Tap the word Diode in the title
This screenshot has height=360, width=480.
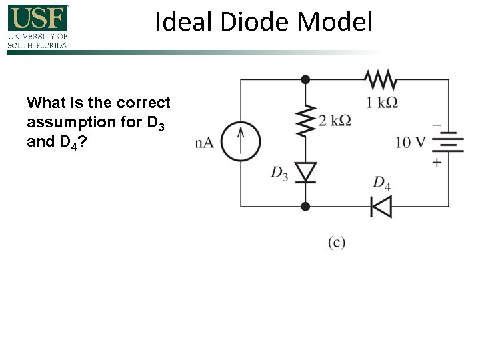tap(248, 22)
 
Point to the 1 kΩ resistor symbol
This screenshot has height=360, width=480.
tap(381, 80)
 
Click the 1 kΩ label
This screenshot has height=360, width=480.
tap(382, 102)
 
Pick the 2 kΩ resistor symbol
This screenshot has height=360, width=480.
tap(305, 121)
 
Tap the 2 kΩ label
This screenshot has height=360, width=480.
tap(335, 121)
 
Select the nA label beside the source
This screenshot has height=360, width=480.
tap(204, 142)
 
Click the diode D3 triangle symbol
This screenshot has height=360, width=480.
tap(305, 172)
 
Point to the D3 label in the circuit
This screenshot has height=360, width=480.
tap(279, 174)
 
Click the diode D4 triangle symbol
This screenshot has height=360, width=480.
tap(381, 207)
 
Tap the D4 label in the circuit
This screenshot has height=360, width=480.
tap(381, 183)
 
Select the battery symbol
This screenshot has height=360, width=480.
tap(448, 142)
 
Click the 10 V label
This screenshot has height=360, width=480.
tap(410, 142)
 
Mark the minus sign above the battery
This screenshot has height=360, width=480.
tap(437, 124)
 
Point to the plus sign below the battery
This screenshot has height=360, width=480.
tap(437, 162)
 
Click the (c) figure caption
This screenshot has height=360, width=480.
tap(337, 242)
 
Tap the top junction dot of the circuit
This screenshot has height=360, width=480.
tap(305, 80)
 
